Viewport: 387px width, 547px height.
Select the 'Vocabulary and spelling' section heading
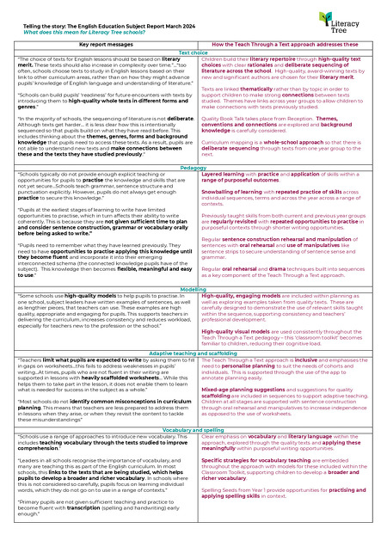click(193, 427)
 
